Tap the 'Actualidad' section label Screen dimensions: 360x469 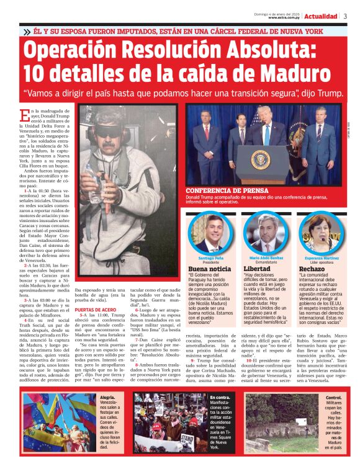(x=321, y=16)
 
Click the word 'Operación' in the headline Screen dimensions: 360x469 (x=85, y=50)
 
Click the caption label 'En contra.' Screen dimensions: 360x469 (x=219, y=397)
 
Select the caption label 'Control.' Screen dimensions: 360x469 (x=333, y=397)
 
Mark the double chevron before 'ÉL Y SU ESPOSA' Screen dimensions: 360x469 (x=27, y=31)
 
